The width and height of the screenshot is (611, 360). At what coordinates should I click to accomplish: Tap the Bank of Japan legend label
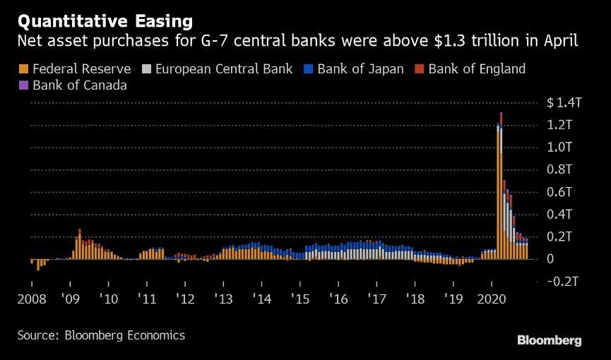click(x=360, y=69)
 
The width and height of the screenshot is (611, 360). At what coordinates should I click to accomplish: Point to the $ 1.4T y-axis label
click(x=564, y=103)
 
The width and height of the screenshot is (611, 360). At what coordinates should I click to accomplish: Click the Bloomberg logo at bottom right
click(x=550, y=341)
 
